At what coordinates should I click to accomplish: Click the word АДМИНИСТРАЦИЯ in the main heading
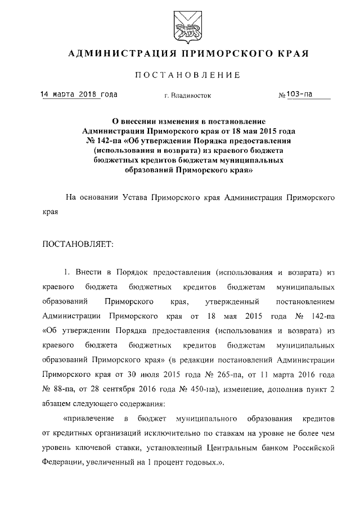point(117,54)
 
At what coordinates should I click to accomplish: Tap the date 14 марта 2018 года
point(79,94)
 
